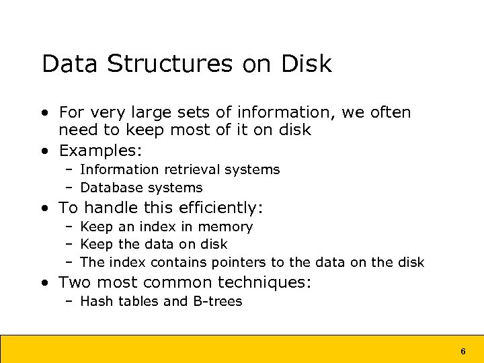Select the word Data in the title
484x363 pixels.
click(x=70, y=64)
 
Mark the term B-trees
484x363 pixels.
click(x=217, y=301)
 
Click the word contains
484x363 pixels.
click(x=180, y=262)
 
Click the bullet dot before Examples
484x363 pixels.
click(x=44, y=150)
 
